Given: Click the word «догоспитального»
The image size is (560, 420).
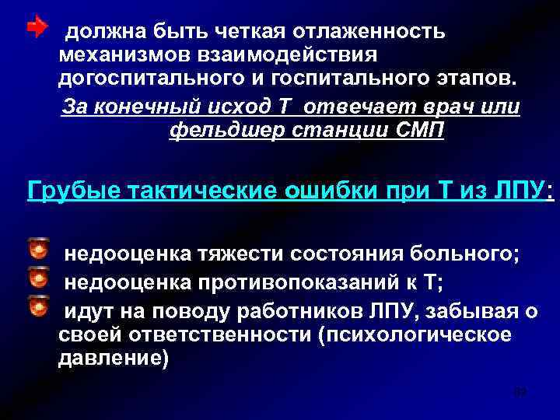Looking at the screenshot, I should pyautogui.click(x=159, y=79).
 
